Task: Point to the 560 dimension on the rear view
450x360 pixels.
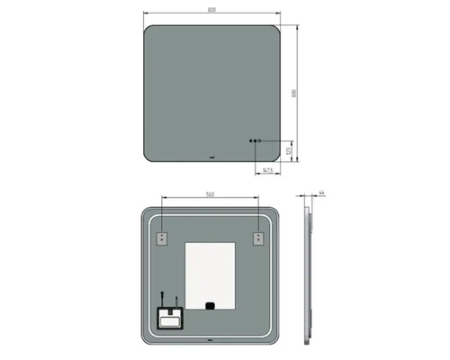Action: [211, 193]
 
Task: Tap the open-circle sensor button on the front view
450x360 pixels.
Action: [261, 141]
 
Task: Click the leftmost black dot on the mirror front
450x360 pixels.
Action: [250, 141]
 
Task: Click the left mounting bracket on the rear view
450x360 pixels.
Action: [162, 238]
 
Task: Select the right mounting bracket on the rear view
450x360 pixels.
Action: [258, 238]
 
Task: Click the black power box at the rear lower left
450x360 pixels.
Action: [168, 317]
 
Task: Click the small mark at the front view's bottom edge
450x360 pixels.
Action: [211, 160]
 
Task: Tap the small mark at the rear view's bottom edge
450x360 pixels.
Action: [211, 343]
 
